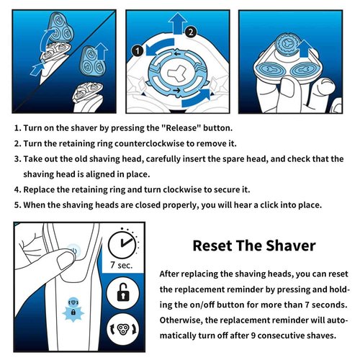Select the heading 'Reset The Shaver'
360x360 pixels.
pos(254,246)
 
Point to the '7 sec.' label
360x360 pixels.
pos(122,266)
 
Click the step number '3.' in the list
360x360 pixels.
pos(17,158)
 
